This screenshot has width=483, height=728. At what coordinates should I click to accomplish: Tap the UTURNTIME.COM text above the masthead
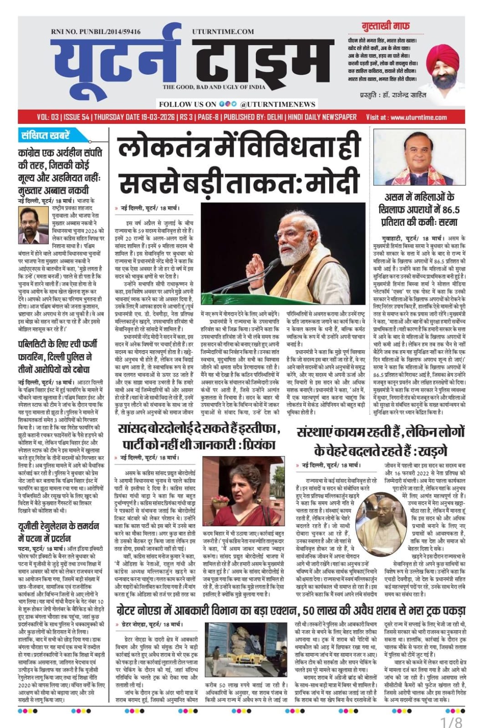[x=223, y=31]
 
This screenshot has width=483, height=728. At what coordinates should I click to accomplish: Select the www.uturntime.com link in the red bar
[x=418, y=117]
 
